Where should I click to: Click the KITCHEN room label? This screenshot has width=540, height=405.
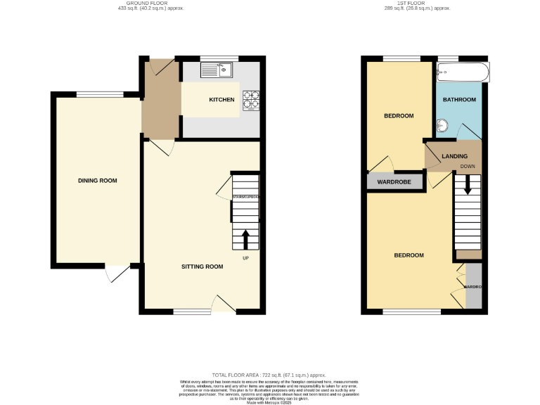point(221,100)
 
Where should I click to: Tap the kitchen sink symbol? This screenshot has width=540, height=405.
point(217,69)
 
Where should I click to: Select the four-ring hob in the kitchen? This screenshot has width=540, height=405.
point(251,101)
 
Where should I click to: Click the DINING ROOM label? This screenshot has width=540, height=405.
point(97,181)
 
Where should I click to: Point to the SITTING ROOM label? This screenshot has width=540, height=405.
point(202,266)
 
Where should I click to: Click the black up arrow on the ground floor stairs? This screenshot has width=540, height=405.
point(245,239)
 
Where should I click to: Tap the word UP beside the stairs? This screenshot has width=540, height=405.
point(245,258)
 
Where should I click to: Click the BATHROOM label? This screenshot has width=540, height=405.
point(458,100)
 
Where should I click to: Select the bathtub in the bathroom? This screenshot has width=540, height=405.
point(462,72)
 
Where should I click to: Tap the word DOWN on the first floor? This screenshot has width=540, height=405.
point(468,167)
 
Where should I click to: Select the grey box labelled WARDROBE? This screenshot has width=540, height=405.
point(394,182)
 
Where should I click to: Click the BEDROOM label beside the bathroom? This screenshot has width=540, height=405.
point(398,115)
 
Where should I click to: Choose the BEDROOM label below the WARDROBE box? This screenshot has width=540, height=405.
point(409,255)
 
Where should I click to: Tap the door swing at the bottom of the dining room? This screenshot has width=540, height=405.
point(115,274)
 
